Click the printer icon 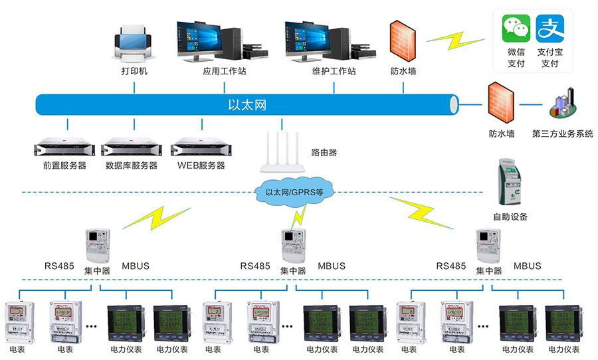135,41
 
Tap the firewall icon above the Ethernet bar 403,41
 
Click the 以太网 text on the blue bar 247,104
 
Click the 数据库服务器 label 131,165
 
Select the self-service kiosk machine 510,183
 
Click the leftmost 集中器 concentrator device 97,246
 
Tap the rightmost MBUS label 528,266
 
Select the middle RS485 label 255,266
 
